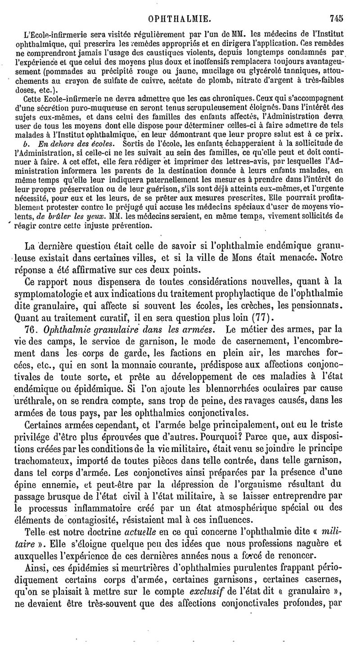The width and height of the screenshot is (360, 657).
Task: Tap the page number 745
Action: pos(336,18)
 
